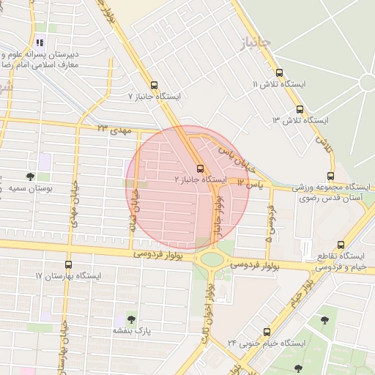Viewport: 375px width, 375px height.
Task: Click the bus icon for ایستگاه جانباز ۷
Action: coord(154,85)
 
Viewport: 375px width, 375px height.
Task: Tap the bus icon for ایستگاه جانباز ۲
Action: coord(201,168)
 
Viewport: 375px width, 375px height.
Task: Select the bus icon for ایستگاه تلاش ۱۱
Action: coord(279,73)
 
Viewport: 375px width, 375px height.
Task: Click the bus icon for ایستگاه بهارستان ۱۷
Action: coord(69,264)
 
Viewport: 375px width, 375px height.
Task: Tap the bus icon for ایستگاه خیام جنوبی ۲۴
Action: coord(266,332)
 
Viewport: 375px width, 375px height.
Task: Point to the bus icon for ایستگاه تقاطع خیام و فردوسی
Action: coord(341,245)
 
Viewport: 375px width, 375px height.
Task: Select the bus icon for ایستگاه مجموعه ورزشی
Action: coord(331,176)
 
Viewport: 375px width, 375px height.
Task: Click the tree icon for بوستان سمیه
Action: coord(30,177)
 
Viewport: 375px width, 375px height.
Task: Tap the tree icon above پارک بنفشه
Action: coord(130,319)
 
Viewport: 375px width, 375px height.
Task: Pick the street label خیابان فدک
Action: coord(133,211)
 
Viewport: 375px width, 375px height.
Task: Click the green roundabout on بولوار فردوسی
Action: coord(212,259)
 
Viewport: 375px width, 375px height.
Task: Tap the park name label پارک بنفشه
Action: coord(132,331)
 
